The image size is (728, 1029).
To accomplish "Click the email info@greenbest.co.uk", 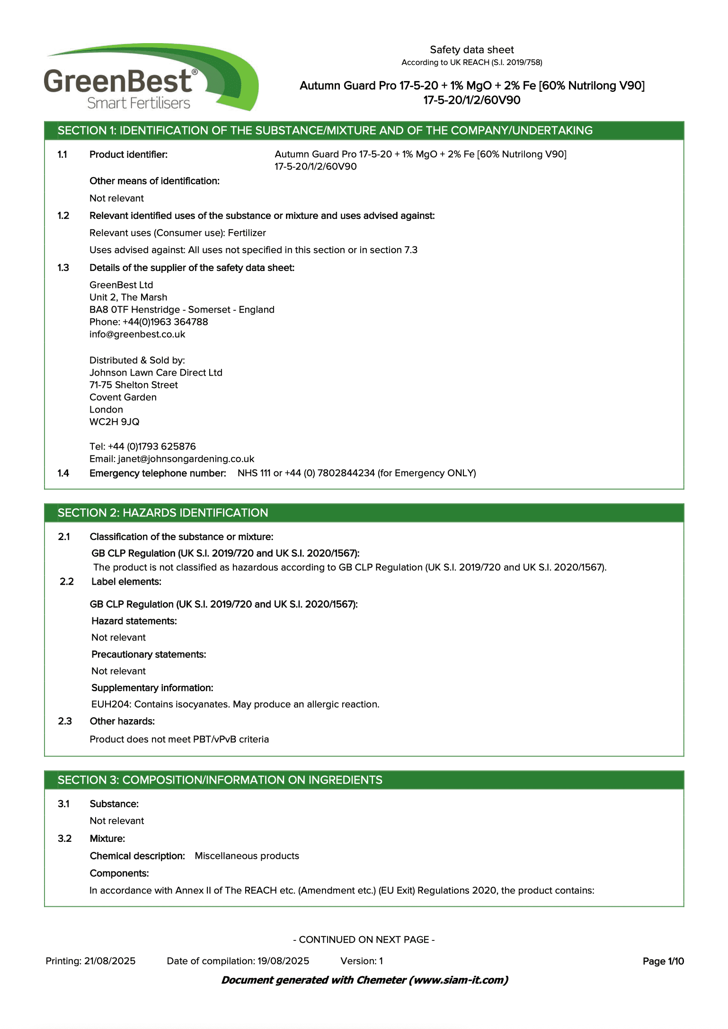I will (x=137, y=334).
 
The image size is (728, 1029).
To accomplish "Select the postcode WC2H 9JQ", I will (x=115, y=422).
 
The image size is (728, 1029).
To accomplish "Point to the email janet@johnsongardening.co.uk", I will (x=186, y=459).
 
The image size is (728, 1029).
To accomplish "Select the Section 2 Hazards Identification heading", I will (x=163, y=513).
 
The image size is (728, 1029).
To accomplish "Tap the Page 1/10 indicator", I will (x=663, y=961).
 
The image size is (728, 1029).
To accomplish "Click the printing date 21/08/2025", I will (x=110, y=961).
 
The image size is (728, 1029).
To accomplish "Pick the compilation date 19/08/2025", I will (x=283, y=961).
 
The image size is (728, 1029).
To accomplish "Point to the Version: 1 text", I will (x=362, y=961).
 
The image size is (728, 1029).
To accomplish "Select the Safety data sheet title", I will (x=471, y=50).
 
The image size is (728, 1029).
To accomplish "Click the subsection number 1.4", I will (x=63, y=473).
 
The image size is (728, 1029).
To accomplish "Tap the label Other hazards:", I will (x=122, y=722).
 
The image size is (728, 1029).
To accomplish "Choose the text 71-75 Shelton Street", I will (x=133, y=385).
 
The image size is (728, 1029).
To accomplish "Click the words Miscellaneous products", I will (x=247, y=856).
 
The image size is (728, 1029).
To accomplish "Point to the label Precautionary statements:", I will (x=149, y=655).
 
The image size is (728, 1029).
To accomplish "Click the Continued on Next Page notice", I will (x=364, y=940).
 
